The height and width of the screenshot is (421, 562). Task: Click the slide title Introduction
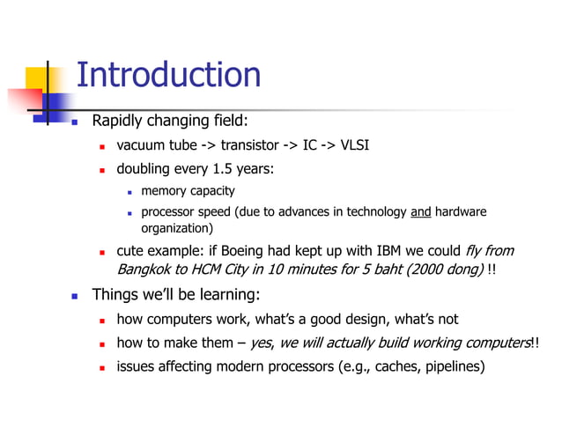click(168, 76)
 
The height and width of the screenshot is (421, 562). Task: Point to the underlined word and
click(421, 211)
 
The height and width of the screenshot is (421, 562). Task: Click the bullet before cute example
click(102, 252)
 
